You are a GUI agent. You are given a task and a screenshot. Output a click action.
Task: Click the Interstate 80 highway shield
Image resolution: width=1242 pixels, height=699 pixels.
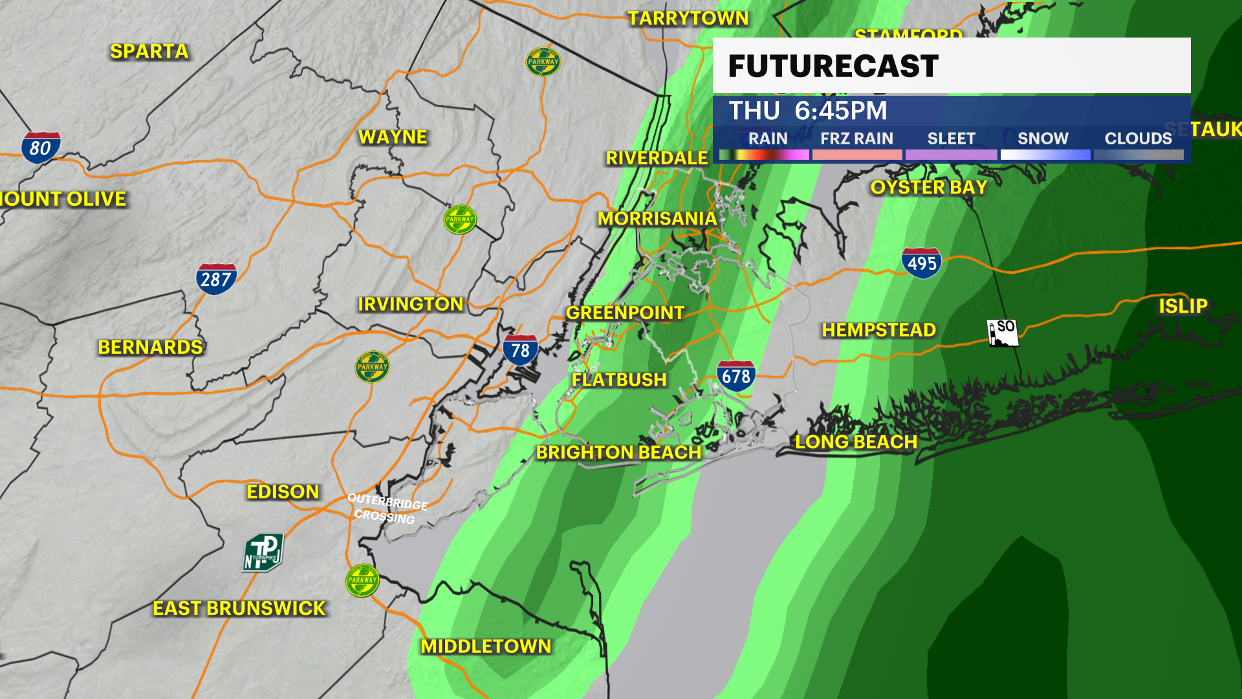pos(41,148)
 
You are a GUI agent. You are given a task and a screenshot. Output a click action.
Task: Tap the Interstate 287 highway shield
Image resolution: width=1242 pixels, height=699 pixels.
pos(216,279)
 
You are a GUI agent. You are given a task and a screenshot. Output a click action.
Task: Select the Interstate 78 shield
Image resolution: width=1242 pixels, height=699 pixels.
pos(520,350)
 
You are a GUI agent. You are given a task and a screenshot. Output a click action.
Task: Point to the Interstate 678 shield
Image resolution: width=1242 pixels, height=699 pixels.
pos(735,376)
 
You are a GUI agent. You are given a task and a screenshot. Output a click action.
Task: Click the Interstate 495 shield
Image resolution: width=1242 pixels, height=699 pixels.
pos(921,263)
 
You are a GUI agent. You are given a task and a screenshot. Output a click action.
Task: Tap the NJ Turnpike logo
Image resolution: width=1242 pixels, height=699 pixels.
pos(263,553)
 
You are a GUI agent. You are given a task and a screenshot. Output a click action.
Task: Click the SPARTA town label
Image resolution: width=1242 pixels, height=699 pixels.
pos(149,51)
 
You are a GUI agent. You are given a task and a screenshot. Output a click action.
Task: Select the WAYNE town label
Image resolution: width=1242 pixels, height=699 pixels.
pos(393,137)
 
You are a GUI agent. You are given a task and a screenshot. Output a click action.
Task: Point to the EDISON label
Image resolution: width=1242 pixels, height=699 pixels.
pos(283,491)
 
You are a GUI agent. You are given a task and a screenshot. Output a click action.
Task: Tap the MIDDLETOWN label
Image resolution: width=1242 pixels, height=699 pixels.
pos(486,646)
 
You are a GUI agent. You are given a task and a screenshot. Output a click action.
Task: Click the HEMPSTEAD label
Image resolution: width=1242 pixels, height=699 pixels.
pos(878,329)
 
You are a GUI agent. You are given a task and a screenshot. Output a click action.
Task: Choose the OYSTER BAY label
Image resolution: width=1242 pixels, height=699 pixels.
pos(928,187)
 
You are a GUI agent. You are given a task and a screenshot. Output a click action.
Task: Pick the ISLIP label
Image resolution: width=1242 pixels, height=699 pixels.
pos(1182,305)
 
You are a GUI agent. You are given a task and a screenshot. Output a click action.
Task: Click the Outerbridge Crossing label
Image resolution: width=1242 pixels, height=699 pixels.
pos(387,508)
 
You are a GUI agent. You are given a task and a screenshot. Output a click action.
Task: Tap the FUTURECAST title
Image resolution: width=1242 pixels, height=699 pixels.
pos(833,66)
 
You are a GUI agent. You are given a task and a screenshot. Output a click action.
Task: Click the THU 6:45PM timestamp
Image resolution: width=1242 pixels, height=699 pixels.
pos(808,111)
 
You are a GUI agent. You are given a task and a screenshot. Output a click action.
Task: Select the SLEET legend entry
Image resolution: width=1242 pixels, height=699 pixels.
pos(951,139)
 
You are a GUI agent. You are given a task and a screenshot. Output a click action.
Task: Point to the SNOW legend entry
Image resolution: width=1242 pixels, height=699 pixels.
pos(1043,139)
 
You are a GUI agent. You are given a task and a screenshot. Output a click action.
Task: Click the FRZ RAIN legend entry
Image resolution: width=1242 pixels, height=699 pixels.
pos(856,139)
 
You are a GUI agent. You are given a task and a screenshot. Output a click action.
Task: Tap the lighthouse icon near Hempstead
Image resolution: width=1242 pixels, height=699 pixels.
pos(1002,333)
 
